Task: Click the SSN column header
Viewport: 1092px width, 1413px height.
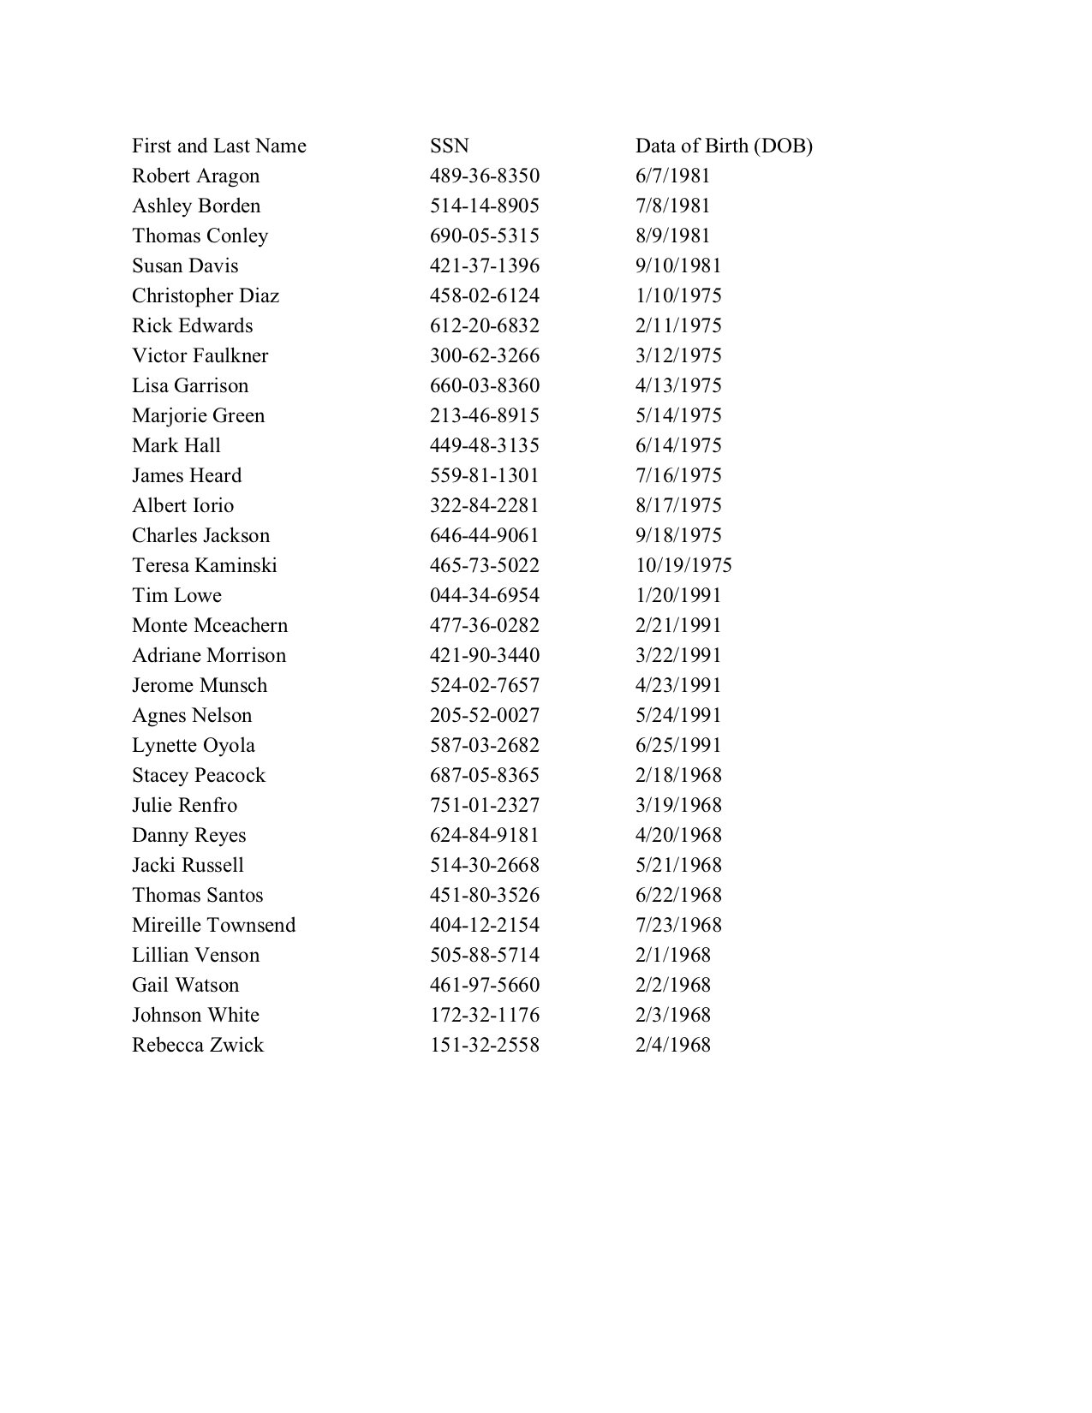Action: coord(449,146)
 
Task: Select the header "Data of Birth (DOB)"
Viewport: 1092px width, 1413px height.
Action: coord(723,146)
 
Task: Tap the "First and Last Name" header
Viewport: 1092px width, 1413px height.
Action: coord(218,146)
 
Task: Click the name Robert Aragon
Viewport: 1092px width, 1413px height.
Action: coord(195,176)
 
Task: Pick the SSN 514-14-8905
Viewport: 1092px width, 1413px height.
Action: coord(484,206)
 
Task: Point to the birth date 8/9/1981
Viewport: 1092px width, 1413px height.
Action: coord(672,236)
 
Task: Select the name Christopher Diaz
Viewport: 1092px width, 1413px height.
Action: coord(206,296)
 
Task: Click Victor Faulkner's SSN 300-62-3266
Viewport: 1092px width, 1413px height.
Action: coord(484,356)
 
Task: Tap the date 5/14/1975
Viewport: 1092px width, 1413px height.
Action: coord(678,416)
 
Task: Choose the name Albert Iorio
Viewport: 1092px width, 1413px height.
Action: coord(182,506)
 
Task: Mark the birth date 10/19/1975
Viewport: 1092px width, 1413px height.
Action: coord(683,566)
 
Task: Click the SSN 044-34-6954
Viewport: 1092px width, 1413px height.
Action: coord(484,596)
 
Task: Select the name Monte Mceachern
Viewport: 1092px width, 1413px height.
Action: coord(210,626)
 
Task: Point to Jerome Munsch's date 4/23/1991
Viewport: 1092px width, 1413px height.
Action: coord(678,686)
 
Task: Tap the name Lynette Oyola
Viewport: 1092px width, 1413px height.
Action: coord(194,746)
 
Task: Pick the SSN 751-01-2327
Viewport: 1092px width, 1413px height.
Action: coord(484,806)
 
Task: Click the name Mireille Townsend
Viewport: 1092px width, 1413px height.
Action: coord(213,926)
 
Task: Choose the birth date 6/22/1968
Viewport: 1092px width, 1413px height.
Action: coord(678,896)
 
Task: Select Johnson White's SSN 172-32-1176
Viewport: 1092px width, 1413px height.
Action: coord(484,1016)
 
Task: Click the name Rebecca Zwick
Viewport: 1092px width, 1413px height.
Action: coord(198,1046)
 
